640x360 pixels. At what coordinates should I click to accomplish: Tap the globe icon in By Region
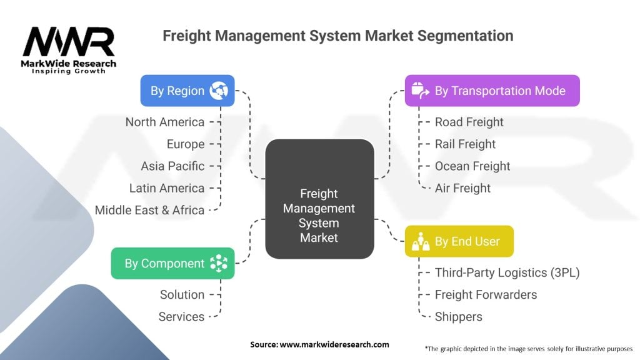(219, 91)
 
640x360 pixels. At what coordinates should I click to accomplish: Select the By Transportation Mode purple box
(492, 91)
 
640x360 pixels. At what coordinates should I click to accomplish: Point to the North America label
(165, 122)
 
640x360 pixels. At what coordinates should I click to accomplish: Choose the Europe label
(186, 144)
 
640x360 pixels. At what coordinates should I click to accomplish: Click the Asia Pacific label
(172, 166)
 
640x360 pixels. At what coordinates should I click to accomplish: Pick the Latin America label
(167, 187)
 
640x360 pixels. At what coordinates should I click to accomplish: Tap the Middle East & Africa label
(150, 210)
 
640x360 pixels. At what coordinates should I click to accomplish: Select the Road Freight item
(469, 122)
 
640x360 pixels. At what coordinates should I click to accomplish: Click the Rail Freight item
(465, 144)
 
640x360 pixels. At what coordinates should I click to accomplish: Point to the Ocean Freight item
(472, 166)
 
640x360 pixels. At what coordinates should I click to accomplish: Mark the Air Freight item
(462, 187)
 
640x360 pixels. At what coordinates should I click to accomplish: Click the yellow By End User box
(459, 241)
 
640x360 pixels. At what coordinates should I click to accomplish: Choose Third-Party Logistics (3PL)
(507, 272)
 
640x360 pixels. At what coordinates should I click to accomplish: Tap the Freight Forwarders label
(486, 294)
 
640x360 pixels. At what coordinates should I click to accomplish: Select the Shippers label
(459, 316)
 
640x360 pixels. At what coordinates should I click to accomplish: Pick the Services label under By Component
(181, 316)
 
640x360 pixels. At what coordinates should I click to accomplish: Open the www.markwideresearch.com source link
(335, 344)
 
